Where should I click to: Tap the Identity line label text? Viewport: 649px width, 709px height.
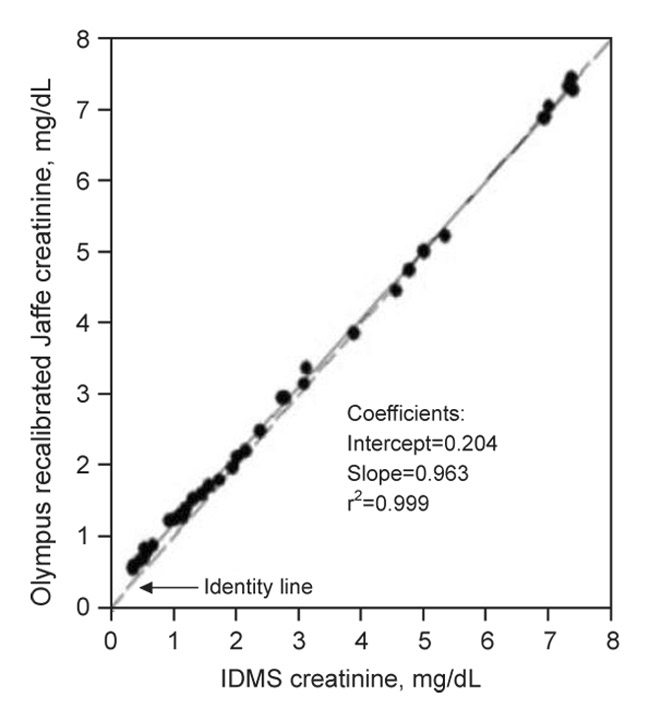coord(258,588)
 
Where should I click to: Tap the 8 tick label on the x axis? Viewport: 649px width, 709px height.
coord(611,637)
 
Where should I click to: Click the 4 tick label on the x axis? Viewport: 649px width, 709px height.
coord(361,637)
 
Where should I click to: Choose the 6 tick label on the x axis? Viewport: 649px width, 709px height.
coord(486,637)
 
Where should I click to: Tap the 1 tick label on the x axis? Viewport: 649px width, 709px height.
coord(173,637)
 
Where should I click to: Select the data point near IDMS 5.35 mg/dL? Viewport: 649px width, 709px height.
coord(445,235)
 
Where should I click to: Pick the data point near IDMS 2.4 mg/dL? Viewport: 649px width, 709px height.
coord(260,430)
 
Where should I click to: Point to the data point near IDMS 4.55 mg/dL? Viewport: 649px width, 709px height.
coord(395,290)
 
